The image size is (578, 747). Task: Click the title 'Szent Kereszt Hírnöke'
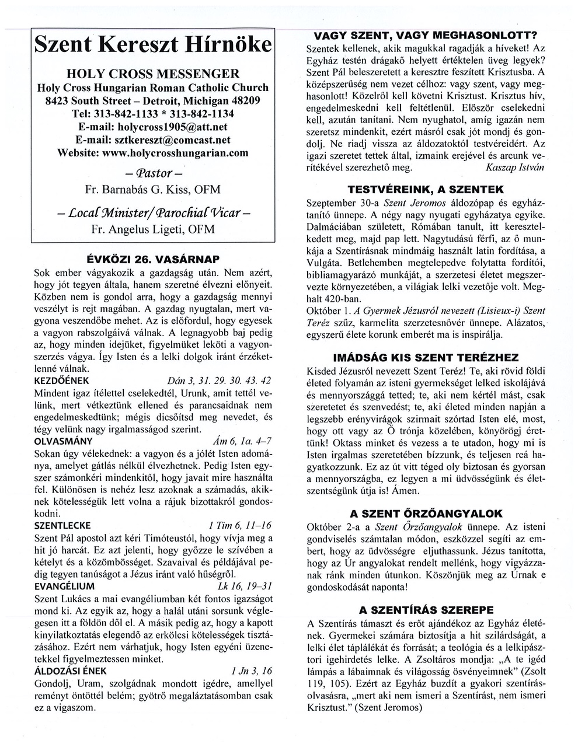pyautogui.click(x=153, y=46)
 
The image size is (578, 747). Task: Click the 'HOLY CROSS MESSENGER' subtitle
pyautogui.click(x=153, y=74)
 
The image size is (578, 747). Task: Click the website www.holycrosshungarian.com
pyautogui.click(x=153, y=153)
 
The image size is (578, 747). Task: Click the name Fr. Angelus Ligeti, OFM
pyautogui.click(x=153, y=229)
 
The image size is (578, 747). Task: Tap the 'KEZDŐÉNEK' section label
pyautogui.click(x=62, y=381)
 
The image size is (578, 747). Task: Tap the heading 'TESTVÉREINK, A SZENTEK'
pyautogui.click(x=426, y=190)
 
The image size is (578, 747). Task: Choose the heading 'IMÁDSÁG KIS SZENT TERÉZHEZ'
pyautogui.click(x=426, y=357)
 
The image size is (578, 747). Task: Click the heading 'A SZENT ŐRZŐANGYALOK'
pyautogui.click(x=426, y=514)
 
